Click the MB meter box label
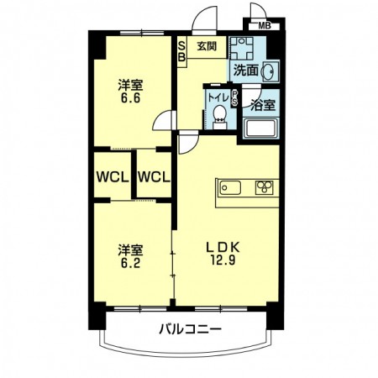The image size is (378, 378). point(265,26)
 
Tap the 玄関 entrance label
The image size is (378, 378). point(207,46)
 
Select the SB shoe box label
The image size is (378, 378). point(182,51)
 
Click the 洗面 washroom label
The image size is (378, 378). point(246,71)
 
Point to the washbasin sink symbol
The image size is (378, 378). point(269,71)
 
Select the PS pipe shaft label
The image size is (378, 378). point(234,98)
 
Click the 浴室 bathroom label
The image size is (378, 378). point(263,105)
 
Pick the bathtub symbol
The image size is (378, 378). point(260,129)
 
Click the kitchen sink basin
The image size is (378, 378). point(230,187)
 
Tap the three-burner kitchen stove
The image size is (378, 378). point(264,187)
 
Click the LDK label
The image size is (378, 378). point(223,247)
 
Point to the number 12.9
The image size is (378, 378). point(223,260)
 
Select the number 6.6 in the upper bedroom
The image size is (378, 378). point(130,98)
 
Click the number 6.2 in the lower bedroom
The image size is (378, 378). point(130,263)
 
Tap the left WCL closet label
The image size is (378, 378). point(113,177)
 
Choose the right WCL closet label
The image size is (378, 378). point(154,177)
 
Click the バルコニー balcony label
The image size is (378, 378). point(191,328)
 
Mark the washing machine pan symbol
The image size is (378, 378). point(242,48)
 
